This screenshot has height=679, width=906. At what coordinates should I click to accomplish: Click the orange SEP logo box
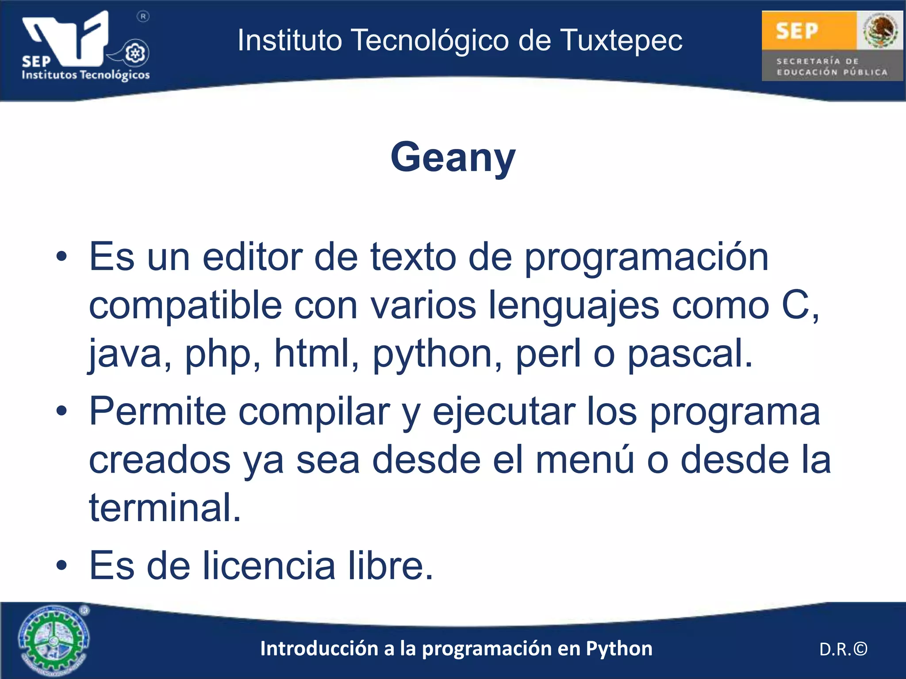809,30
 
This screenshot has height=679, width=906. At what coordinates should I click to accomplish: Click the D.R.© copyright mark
843,649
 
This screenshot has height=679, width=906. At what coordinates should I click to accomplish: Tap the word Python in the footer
619,649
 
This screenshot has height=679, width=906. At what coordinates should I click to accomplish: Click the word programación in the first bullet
646,258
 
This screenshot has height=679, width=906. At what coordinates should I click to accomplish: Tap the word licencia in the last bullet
269,566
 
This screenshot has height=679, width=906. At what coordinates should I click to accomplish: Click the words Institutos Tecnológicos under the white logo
86,75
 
